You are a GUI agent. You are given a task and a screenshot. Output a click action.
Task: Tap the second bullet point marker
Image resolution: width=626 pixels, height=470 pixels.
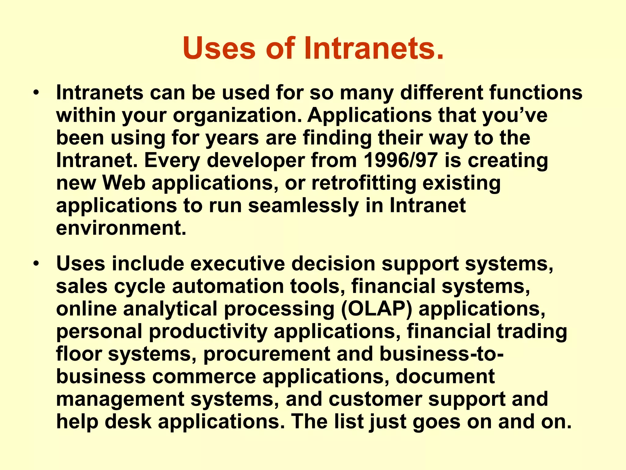coord(36,263)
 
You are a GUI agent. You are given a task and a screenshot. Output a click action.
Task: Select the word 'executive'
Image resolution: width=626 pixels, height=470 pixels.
coord(237,263)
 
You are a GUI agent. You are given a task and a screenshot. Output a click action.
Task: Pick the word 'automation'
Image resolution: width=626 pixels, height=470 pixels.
coord(228,286)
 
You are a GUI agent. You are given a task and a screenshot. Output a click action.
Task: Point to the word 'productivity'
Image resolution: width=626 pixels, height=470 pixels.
coord(208,332)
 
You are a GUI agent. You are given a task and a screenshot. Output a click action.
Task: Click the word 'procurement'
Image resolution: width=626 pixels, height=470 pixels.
coord(267,354)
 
